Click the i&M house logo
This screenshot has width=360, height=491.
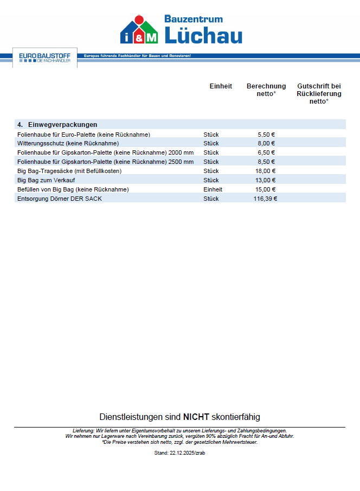tap(139, 30)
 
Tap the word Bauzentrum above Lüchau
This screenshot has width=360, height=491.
tap(194, 18)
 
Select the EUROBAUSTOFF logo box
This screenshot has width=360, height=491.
tap(44, 58)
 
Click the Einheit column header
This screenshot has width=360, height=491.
tap(221, 86)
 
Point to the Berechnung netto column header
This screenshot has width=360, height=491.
tap(266, 90)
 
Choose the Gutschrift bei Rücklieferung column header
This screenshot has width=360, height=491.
tap(319, 93)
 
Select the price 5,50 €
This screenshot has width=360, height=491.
tap(267, 134)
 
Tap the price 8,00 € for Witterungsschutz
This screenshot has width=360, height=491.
tap(267, 143)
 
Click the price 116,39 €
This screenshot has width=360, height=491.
tap(265, 199)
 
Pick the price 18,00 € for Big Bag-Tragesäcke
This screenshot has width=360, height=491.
tap(266, 171)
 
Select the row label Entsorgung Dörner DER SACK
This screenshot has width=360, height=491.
tap(60, 199)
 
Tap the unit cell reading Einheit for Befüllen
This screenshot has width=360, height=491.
tap(213, 189)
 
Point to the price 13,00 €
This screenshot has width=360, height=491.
tap(266, 180)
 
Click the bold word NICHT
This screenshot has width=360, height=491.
tap(196, 417)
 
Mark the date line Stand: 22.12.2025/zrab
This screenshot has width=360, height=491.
tap(179, 452)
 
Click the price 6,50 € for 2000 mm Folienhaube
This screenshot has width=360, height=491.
tap(267, 152)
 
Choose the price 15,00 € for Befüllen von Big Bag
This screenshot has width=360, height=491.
tap(266, 189)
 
